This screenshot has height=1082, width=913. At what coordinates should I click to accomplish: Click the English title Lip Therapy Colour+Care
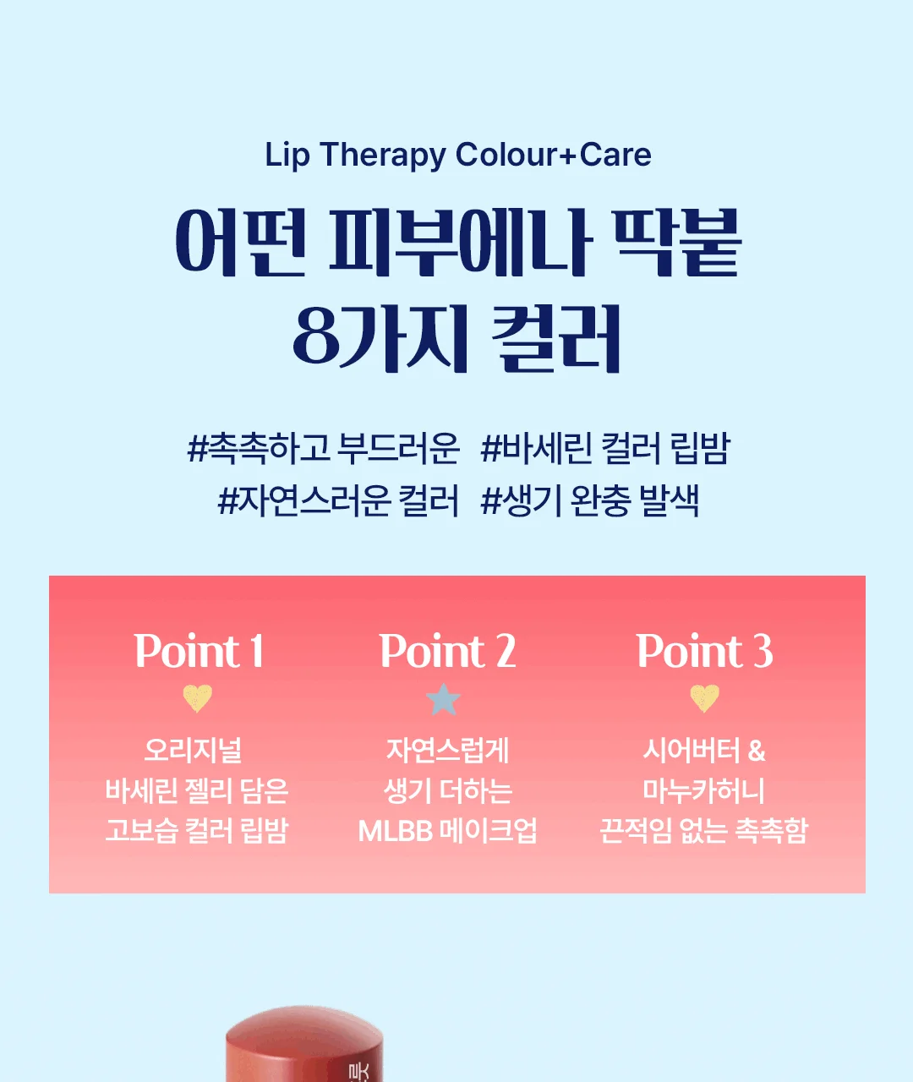(458, 155)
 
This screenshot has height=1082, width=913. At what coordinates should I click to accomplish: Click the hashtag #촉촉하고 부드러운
(323, 448)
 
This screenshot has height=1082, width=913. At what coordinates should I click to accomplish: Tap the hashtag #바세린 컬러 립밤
(605, 448)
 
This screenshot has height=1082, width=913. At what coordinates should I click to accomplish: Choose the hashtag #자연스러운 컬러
(338, 500)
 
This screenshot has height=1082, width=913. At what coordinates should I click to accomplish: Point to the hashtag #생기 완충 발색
(590, 500)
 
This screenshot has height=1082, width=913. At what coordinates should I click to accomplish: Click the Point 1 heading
(200, 651)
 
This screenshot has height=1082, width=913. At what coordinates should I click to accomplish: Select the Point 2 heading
(448, 651)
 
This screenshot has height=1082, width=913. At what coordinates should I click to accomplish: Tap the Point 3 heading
(705, 651)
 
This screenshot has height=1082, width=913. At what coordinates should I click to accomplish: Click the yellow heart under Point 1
(198, 697)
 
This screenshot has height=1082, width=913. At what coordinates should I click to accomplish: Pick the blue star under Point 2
(443, 699)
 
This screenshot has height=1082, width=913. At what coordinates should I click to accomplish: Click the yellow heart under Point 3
(705, 697)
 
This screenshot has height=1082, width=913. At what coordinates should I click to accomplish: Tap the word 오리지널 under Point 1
(193, 751)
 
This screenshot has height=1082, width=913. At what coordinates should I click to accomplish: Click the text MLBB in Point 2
(396, 831)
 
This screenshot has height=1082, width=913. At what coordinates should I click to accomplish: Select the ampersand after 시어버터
(757, 751)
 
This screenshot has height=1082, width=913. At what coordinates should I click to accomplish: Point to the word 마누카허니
(703, 790)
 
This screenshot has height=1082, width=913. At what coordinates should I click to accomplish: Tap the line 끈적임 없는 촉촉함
(703, 831)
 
